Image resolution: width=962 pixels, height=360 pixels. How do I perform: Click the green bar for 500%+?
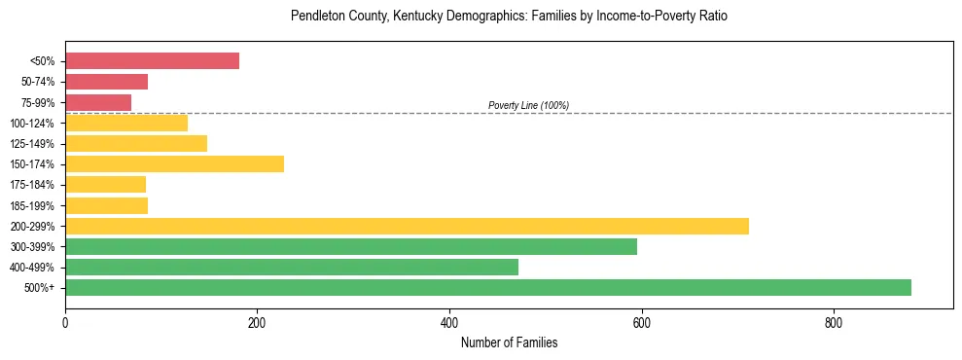[x=487, y=287]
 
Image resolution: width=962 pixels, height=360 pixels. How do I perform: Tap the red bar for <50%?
[x=152, y=60]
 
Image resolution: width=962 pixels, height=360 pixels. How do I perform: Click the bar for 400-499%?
[x=291, y=267]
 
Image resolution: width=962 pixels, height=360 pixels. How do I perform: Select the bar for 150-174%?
[x=174, y=163]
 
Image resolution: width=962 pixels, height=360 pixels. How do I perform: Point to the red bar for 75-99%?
[x=97, y=102]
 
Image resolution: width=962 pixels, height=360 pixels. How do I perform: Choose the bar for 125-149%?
[x=135, y=143]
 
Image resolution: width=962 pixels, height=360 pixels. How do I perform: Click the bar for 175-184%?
[x=105, y=184]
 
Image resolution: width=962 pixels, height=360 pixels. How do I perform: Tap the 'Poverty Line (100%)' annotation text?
[x=528, y=105]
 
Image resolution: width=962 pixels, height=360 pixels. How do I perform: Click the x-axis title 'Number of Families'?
[x=509, y=342]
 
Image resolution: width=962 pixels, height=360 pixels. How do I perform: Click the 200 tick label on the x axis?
[x=257, y=322]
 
